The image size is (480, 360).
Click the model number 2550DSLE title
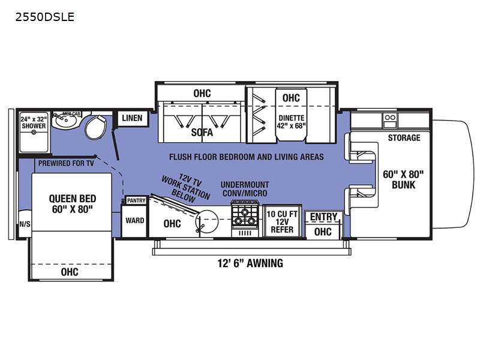coord(44,17)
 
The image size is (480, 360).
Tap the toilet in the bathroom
coord(95,127)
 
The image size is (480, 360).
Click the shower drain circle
coord(34,133)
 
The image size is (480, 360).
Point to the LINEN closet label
coord(132,118)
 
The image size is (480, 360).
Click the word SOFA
coord(202,132)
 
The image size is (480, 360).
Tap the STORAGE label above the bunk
coord(404,138)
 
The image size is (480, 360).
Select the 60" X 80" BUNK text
coord(403,179)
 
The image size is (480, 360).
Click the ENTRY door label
coord(323,217)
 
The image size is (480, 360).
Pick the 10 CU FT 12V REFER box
coord(282,221)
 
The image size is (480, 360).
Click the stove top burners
coord(245,216)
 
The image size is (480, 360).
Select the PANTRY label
coord(136,200)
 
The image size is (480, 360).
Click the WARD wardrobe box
coord(134,221)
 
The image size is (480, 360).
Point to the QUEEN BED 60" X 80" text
coord(72,204)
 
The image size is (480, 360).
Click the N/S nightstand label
coord(25,224)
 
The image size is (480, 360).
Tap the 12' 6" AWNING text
coord(250,263)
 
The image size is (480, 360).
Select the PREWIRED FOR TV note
coord(66,163)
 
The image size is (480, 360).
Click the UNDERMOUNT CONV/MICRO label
coord(245,189)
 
